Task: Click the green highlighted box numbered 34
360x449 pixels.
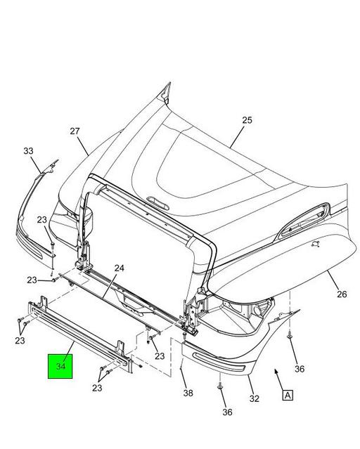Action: point(60,366)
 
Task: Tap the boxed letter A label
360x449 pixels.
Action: point(288,395)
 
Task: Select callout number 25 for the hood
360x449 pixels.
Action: point(247,120)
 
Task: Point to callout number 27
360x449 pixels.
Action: point(75,131)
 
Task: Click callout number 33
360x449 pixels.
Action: point(28,151)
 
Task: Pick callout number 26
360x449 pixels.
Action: point(341,294)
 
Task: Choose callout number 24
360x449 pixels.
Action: point(119,268)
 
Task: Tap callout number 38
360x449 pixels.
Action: point(188,393)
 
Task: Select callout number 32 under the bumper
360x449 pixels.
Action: point(254,398)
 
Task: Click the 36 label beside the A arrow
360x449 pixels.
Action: point(299,368)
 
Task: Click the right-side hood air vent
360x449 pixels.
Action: point(302,222)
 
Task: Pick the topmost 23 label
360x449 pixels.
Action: point(41,220)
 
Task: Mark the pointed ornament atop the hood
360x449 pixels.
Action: point(167,91)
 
